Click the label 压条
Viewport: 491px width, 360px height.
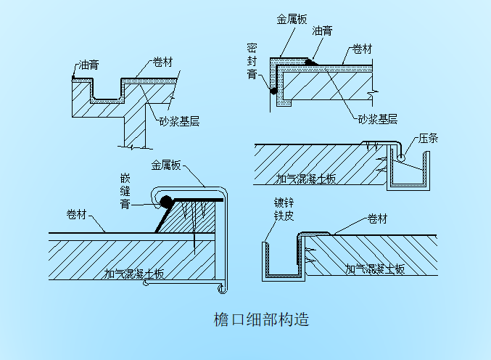point(428,138)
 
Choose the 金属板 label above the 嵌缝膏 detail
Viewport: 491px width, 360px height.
point(166,165)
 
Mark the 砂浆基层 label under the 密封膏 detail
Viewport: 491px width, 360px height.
point(377,118)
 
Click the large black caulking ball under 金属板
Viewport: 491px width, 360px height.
point(166,200)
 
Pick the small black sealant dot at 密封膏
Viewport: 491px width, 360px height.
point(274,91)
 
